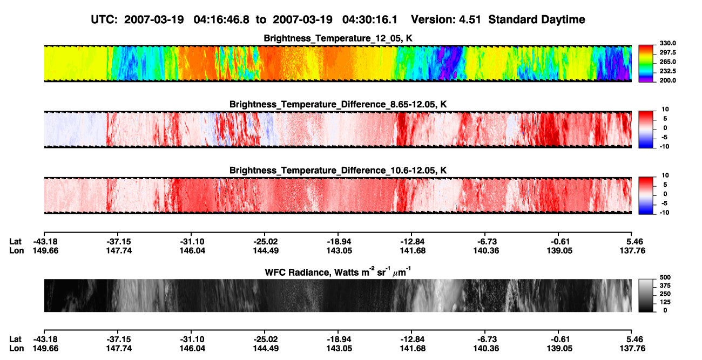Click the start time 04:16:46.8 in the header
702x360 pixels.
click(x=221, y=20)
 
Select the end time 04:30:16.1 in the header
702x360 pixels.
click(x=370, y=20)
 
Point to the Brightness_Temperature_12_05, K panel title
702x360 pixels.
click(x=338, y=38)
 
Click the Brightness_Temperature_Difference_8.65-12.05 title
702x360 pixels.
click(x=338, y=104)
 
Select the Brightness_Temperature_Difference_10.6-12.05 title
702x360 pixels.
click(x=338, y=171)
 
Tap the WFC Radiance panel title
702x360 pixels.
click(x=338, y=272)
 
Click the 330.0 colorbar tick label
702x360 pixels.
click(x=667, y=43)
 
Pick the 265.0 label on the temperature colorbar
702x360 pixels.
click(x=667, y=62)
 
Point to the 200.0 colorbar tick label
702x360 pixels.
click(x=667, y=80)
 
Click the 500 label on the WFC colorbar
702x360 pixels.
click(x=665, y=277)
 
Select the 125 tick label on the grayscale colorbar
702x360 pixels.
click(x=665, y=302)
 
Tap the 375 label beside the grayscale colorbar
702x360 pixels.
click(x=665, y=286)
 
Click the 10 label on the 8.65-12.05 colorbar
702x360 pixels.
click(x=665, y=110)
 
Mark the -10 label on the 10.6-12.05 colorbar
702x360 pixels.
click(x=664, y=213)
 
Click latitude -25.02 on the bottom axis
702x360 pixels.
click(x=266, y=339)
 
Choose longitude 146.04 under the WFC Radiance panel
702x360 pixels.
click(x=192, y=349)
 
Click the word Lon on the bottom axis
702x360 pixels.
click(x=17, y=349)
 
